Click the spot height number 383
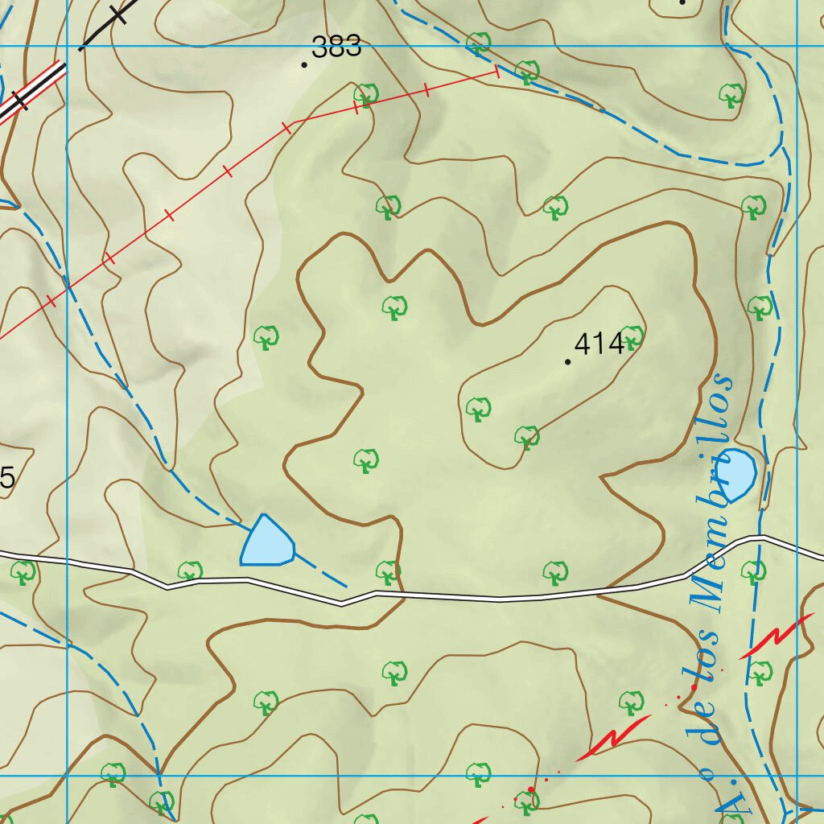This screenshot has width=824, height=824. point(336,47)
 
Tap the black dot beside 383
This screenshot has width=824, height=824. point(304,64)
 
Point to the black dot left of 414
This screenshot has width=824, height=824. point(568,362)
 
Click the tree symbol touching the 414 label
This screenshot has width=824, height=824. point(632,338)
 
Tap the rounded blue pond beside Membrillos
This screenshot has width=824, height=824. point(737,473)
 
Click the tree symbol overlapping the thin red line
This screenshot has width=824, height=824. point(366,95)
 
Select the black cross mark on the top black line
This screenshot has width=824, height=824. point(119,14)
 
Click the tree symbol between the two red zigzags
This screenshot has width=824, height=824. point(631,702)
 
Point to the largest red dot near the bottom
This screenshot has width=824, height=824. point(531,789)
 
